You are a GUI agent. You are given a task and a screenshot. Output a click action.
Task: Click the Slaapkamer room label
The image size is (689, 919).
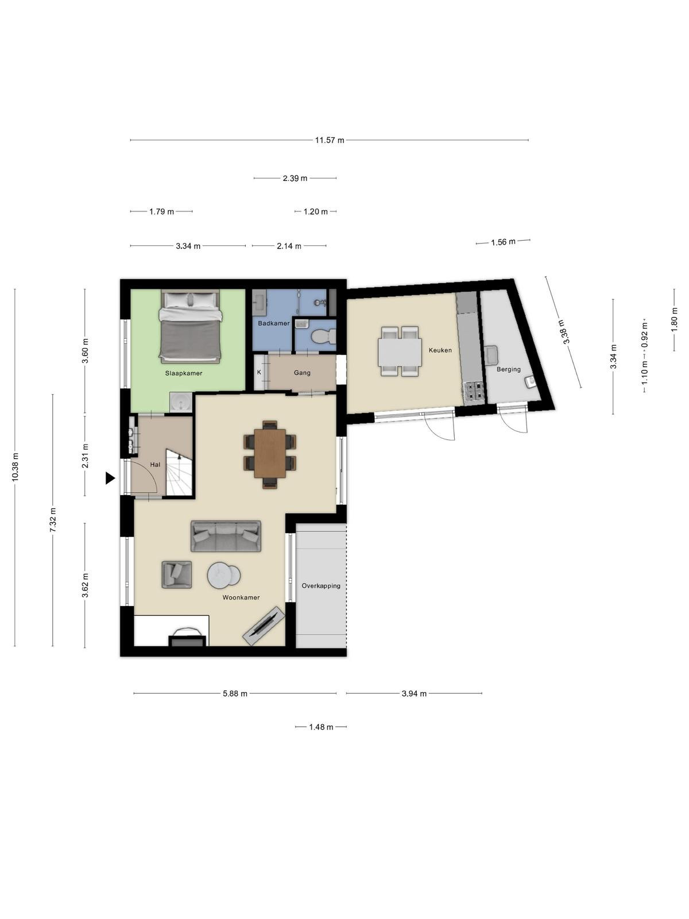184,373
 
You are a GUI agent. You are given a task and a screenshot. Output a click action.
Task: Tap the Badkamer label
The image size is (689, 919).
274,323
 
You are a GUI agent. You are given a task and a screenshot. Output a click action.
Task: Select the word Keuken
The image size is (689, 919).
440,350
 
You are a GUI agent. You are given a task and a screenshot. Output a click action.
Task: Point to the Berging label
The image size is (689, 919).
509,369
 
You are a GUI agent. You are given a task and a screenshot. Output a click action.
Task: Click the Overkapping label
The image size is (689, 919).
321,586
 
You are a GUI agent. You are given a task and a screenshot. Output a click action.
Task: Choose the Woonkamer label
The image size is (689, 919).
241,597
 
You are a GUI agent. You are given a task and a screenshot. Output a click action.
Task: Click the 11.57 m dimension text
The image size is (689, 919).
330,140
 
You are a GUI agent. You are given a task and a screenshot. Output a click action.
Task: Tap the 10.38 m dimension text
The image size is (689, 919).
16,467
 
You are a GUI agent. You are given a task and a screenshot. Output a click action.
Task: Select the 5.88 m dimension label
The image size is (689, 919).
235,694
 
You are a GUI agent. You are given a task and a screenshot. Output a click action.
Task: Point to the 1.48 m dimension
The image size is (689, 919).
322,727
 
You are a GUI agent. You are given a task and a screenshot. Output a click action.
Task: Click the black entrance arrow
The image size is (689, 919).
110,478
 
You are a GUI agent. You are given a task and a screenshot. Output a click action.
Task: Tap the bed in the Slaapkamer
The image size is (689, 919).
191,326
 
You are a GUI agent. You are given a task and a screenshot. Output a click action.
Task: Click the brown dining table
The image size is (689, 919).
270,453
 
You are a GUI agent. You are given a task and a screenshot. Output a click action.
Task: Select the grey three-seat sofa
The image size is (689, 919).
226,536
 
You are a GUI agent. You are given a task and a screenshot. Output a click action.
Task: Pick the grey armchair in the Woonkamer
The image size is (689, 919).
177,575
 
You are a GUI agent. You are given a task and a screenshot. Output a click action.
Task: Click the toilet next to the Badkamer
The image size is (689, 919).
324,336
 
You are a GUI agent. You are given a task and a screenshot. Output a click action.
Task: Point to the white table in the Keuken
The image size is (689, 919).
400,352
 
